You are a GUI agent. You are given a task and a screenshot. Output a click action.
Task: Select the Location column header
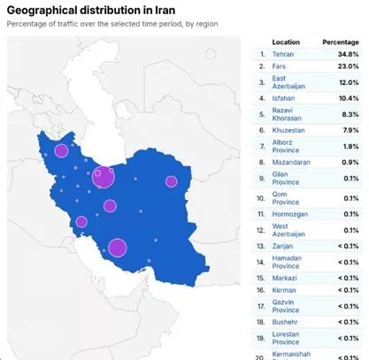pyautogui.click(x=286, y=42)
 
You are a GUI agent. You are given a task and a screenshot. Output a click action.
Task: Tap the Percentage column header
pyautogui.click(x=341, y=42)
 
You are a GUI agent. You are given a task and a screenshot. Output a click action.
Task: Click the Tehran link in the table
pyautogui.click(x=283, y=54)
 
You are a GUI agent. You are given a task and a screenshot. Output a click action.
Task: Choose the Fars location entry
pyautogui.click(x=280, y=66)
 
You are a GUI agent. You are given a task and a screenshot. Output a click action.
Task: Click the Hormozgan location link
pyautogui.click(x=291, y=213)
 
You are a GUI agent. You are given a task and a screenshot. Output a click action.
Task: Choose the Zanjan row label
pyautogui.click(x=284, y=245)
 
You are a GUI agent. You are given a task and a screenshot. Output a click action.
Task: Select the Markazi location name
pyautogui.click(x=285, y=278)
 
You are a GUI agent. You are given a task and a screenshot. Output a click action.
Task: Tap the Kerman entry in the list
pyautogui.click(x=284, y=290)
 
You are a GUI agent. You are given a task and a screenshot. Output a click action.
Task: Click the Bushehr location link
pyautogui.click(x=286, y=323)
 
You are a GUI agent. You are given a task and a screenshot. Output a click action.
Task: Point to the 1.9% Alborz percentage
pyautogui.click(x=350, y=146)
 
